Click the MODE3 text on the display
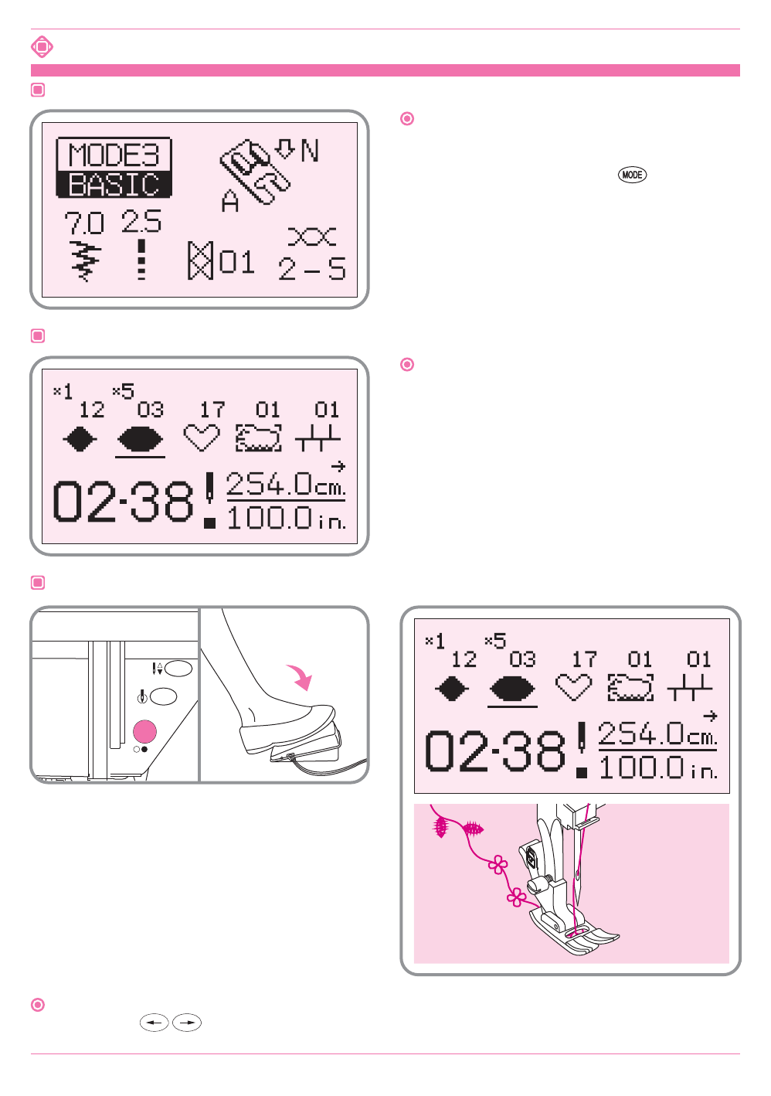click(x=114, y=155)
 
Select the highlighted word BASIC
click(x=114, y=185)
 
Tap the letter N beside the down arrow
click(x=310, y=150)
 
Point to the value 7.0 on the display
click(x=83, y=223)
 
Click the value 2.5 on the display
click(x=141, y=222)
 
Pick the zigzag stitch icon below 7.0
click(x=86, y=261)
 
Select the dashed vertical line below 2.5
click(x=141, y=260)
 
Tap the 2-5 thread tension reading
click(x=312, y=268)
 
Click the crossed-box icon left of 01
click(x=200, y=260)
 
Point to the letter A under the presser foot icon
click(x=230, y=203)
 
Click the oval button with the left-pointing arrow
click(x=155, y=1023)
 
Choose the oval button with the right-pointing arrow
click(x=187, y=1023)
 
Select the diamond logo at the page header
click(x=42, y=46)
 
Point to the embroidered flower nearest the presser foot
click(x=516, y=897)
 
